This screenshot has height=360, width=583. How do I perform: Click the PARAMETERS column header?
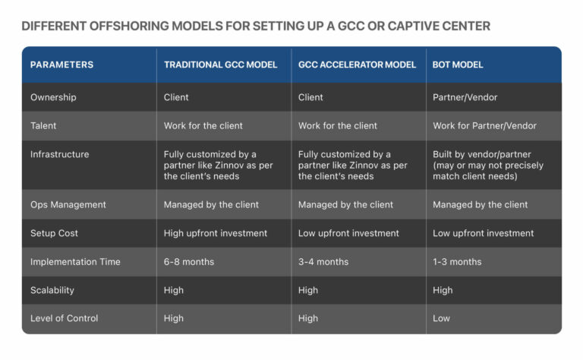click(61, 65)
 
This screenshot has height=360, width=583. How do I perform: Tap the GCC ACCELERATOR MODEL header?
click(357, 65)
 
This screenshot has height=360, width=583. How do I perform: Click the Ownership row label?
click(53, 97)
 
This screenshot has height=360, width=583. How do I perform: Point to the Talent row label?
click(43, 125)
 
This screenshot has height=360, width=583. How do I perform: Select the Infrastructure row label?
click(59, 154)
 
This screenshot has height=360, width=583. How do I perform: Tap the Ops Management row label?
click(68, 204)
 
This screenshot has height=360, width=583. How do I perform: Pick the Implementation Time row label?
click(75, 261)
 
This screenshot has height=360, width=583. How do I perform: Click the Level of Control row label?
click(64, 318)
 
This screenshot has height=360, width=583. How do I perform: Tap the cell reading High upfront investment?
click(216, 233)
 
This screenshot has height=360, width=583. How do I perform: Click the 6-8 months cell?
click(189, 261)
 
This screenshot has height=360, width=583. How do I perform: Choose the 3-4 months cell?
click(323, 261)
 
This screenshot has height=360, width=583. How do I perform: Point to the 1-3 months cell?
click(457, 261)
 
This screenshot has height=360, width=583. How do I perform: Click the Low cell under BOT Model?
click(442, 318)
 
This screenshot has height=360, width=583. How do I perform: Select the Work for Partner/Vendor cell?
click(484, 125)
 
